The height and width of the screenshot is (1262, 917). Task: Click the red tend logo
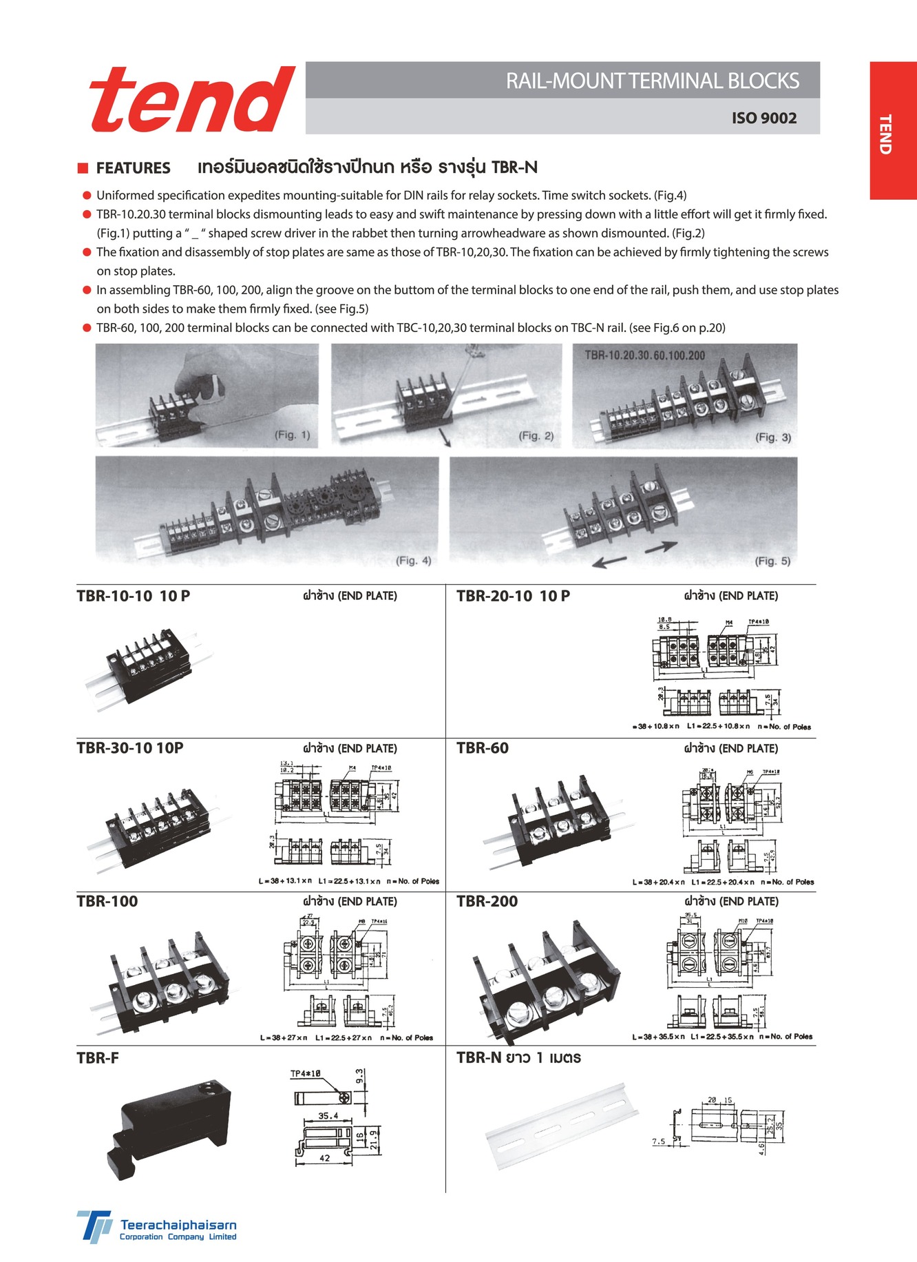point(192,100)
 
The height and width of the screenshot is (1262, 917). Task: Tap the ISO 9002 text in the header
point(763,118)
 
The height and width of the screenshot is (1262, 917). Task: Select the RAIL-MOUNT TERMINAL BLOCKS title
point(652,81)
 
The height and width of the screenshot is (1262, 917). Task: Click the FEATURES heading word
point(133,168)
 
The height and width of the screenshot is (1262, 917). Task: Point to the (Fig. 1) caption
point(293,435)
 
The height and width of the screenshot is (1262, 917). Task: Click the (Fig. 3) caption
point(773,437)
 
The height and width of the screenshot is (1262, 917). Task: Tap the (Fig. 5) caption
point(772,561)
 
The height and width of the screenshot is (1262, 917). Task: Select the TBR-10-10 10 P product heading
point(134,597)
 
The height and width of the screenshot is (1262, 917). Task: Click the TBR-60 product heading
point(483,748)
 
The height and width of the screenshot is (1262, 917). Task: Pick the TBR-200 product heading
point(487,901)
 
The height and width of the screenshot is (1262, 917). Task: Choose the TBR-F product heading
point(98,1058)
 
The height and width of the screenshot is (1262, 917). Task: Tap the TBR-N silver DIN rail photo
point(561,1126)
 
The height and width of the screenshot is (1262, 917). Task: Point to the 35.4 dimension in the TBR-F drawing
point(328,1116)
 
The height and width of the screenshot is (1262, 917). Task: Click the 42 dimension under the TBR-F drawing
point(324,1159)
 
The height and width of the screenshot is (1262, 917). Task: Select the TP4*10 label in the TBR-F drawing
point(305,1074)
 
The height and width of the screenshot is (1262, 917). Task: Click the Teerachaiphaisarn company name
point(178,1225)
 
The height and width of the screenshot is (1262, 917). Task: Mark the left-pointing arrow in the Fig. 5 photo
point(609,562)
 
